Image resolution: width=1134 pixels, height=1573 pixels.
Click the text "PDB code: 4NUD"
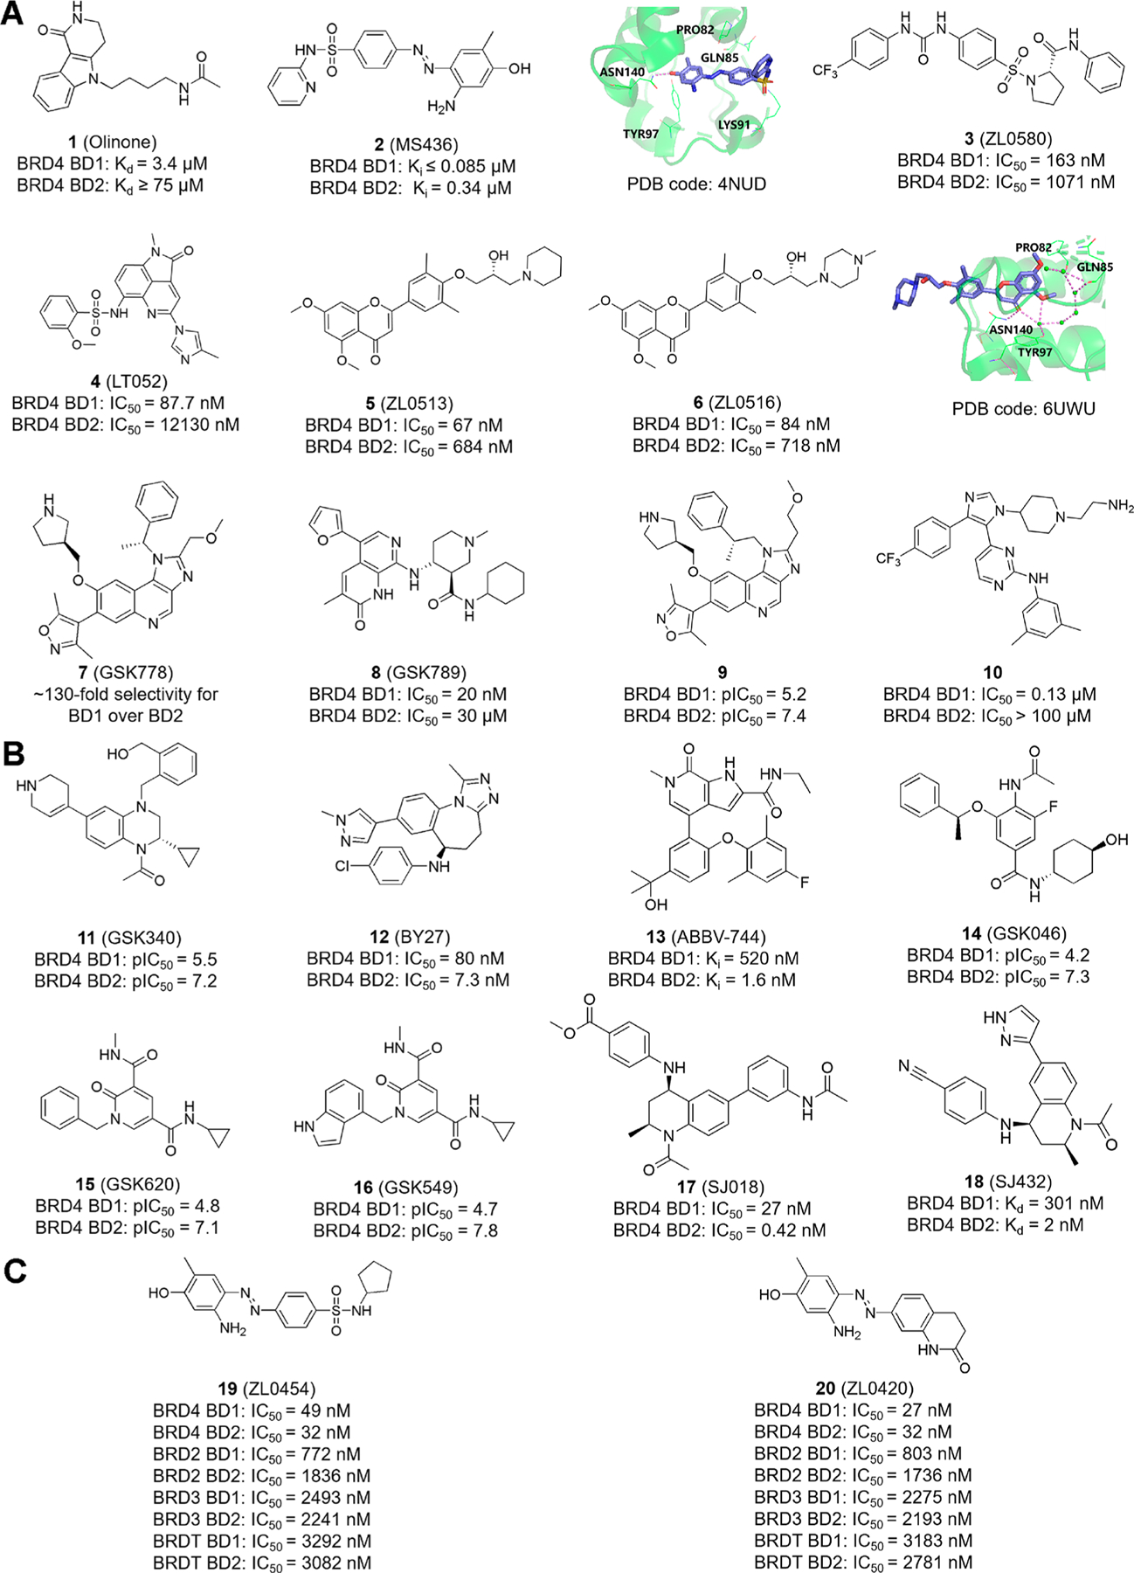696,184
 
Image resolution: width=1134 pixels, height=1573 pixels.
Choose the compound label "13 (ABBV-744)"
702,936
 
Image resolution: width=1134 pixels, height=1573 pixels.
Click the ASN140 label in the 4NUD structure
621,72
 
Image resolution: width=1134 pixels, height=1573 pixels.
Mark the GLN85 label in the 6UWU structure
1094,267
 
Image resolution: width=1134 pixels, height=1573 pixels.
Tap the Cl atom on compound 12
343,866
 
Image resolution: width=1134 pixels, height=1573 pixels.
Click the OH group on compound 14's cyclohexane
1117,839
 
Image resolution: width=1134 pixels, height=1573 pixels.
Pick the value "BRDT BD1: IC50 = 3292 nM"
261,1541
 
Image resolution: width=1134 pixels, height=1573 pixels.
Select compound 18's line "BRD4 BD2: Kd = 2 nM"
994,1225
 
